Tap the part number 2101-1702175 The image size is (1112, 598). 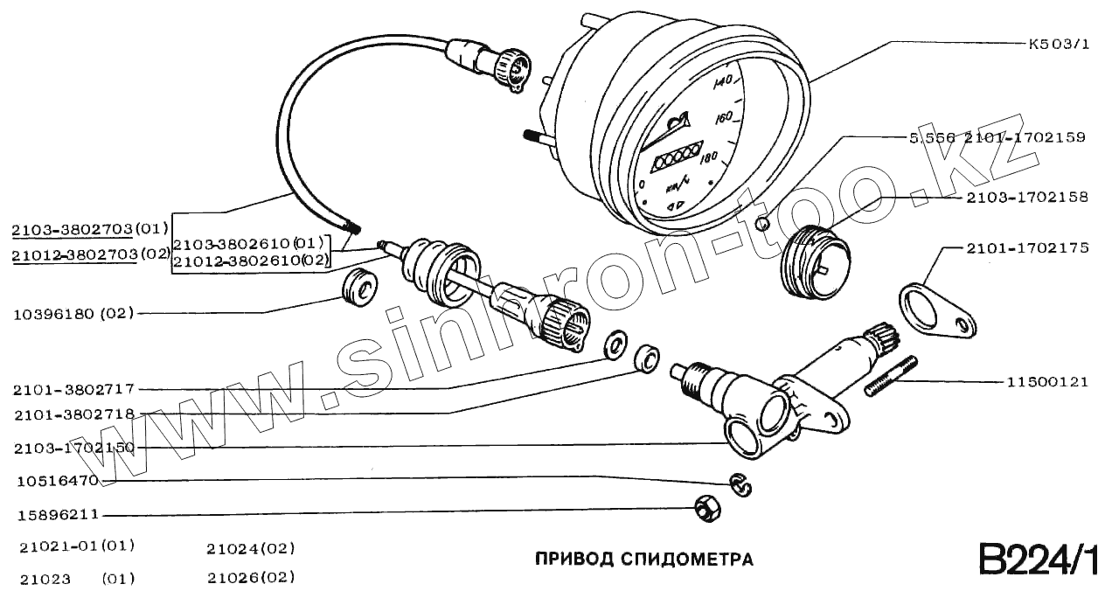(x=1027, y=248)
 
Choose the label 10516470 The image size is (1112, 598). (x=55, y=481)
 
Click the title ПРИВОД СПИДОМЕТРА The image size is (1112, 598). (x=643, y=559)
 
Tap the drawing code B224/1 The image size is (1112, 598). (x=1037, y=560)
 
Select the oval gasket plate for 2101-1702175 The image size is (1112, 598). (x=937, y=310)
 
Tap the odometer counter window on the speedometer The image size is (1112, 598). (x=676, y=156)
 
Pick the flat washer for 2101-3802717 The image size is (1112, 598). (x=615, y=342)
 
